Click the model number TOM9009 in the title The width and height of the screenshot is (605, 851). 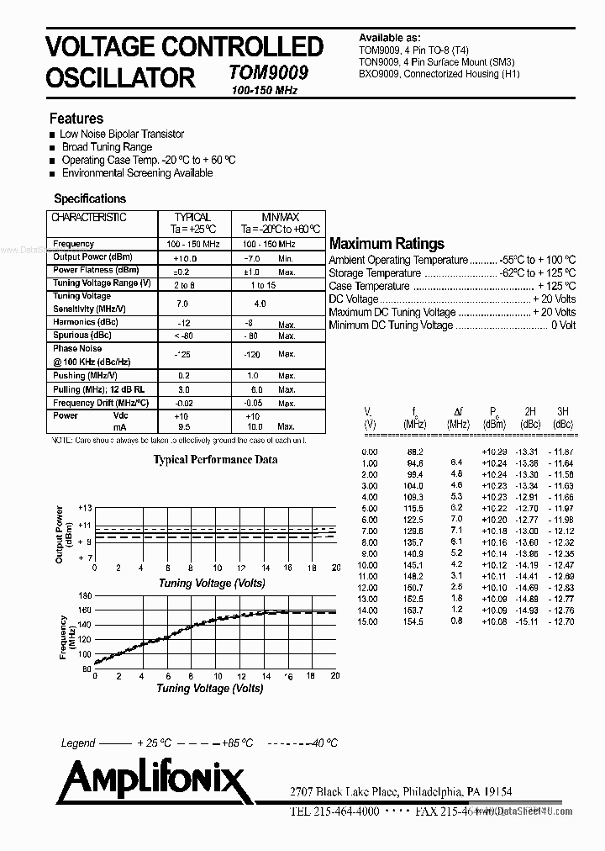click(x=268, y=73)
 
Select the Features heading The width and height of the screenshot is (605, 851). click(x=76, y=119)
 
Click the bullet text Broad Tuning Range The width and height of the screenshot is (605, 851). click(x=107, y=147)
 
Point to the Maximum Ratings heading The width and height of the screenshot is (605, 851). click(x=387, y=244)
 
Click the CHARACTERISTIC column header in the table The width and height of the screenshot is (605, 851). click(x=89, y=217)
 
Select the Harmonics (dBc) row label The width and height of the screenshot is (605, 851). click(x=85, y=322)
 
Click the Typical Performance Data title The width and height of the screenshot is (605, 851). click(x=215, y=460)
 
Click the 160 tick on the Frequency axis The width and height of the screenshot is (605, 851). click(x=84, y=610)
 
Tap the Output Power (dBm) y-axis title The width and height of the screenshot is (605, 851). click(x=60, y=534)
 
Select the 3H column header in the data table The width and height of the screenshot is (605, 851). click(x=562, y=412)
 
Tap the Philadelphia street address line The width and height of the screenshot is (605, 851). click(x=401, y=792)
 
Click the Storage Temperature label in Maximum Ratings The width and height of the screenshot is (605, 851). click(x=375, y=273)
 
